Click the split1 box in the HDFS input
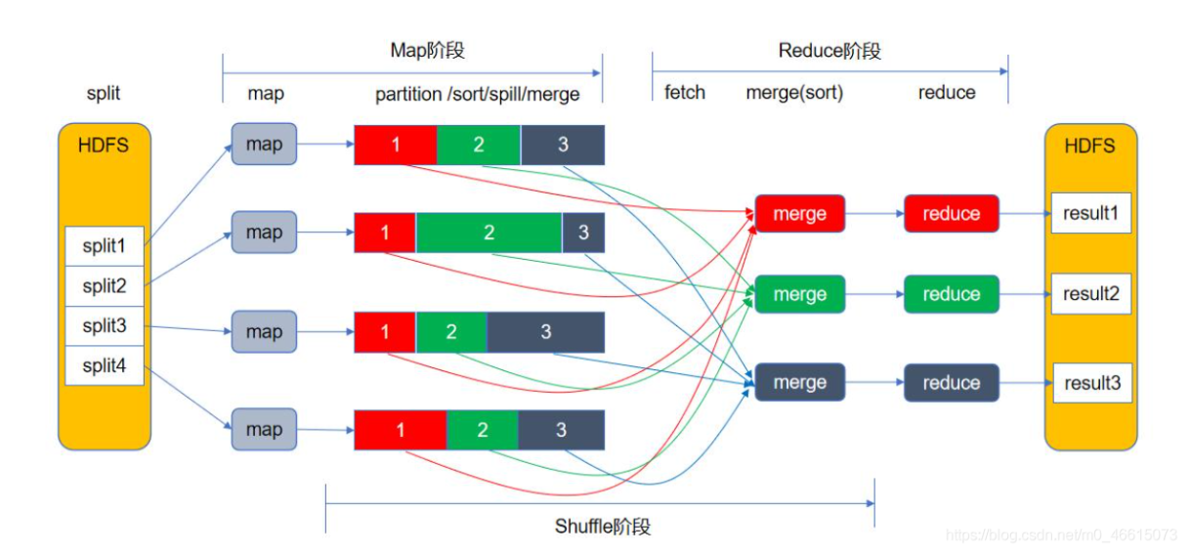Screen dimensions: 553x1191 tap(105, 246)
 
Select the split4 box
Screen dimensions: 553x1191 tap(105, 366)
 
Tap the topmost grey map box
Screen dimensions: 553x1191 tap(264, 145)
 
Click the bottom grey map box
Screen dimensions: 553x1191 tap(264, 430)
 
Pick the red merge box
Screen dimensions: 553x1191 tap(799, 214)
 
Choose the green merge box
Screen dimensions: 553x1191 tap(799, 294)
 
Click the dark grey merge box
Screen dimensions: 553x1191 tap(799, 383)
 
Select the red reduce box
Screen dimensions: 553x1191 tap(951, 214)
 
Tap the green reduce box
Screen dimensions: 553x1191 tap(951, 294)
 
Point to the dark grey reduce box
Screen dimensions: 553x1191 tap(951, 383)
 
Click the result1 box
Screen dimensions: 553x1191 tap(1090, 213)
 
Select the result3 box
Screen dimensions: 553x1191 tap(1090, 383)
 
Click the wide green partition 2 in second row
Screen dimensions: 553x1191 tap(489, 233)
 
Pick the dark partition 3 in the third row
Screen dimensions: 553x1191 tap(545, 332)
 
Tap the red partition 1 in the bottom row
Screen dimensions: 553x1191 tap(400, 430)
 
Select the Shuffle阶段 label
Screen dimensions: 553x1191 tap(602, 527)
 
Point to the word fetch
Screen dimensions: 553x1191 tap(685, 93)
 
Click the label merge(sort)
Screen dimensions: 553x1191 tap(793, 93)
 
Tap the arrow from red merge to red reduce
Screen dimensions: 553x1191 tap(874, 214)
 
